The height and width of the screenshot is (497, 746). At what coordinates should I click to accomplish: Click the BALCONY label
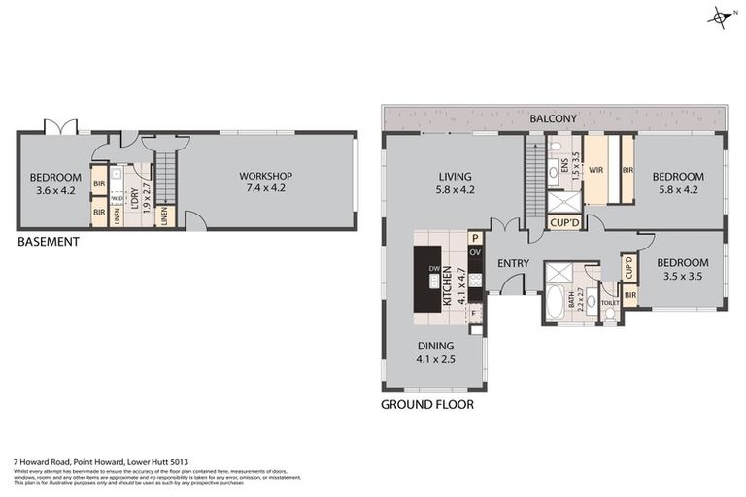pyautogui.click(x=554, y=118)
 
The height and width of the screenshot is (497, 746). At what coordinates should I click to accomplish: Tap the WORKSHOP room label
pyautogui.click(x=265, y=176)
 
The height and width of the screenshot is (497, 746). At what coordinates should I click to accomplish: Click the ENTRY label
pyautogui.click(x=512, y=263)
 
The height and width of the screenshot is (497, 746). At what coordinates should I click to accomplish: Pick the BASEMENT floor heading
pyautogui.click(x=49, y=242)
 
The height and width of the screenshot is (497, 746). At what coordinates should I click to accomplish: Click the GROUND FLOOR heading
pyautogui.click(x=426, y=404)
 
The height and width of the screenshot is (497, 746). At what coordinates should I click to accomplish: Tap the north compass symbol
pyautogui.click(x=721, y=17)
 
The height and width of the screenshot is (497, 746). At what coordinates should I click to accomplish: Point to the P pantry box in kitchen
pyautogui.click(x=475, y=237)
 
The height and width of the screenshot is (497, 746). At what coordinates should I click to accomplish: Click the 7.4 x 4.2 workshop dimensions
pyautogui.click(x=265, y=189)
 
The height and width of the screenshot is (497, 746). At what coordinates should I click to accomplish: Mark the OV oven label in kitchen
pyautogui.click(x=475, y=252)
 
